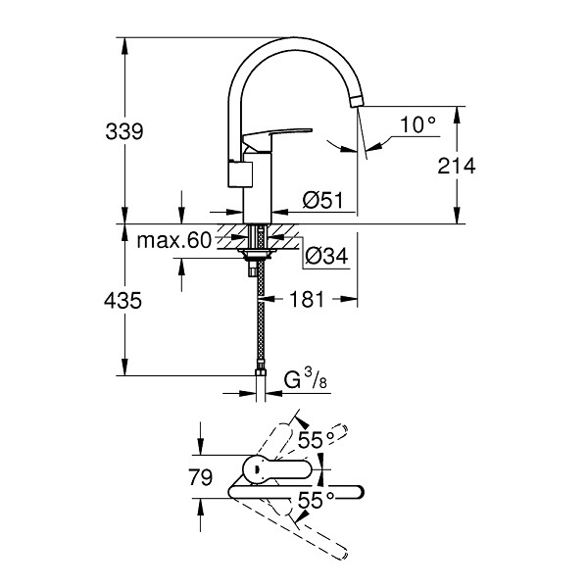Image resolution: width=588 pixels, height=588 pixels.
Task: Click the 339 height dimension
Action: click(x=124, y=131)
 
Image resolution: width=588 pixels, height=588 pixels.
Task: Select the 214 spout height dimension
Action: click(x=457, y=166)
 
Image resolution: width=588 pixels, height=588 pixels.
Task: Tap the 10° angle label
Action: click(x=418, y=124)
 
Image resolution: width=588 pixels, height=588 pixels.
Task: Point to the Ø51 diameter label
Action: click(x=322, y=200)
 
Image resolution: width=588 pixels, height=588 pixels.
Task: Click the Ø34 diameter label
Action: click(x=326, y=256)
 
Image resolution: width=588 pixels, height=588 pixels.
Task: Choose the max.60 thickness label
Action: click(x=174, y=240)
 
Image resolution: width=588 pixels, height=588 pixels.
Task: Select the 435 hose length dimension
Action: click(x=123, y=301)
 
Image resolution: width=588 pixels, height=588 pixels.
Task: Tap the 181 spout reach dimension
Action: click(x=307, y=299)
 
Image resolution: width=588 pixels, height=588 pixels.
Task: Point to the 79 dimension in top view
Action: click(x=200, y=477)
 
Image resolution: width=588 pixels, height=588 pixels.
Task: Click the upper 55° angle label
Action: click(x=317, y=440)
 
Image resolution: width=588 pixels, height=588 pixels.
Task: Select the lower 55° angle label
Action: click(x=317, y=500)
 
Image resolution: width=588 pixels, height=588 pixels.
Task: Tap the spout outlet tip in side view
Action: click(x=357, y=102)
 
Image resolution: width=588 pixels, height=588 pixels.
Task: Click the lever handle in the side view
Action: click(x=277, y=136)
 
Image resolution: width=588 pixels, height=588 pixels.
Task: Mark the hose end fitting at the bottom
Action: click(x=260, y=367)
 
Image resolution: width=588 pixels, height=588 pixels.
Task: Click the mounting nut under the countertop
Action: click(x=257, y=255)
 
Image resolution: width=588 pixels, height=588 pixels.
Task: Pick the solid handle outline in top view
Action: click(x=277, y=468)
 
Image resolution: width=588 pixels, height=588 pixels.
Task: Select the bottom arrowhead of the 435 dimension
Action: click(x=124, y=367)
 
